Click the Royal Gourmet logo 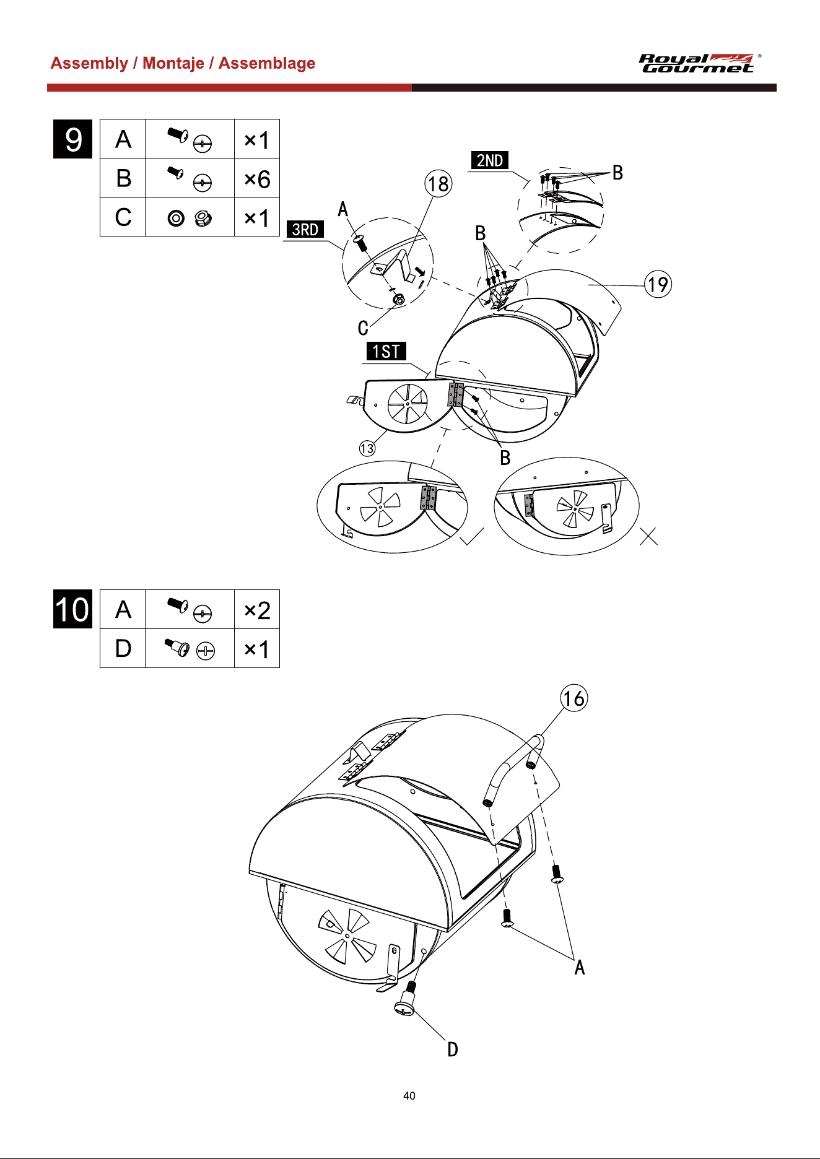coord(697,63)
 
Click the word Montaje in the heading coord(173,63)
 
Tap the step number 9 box coord(73,139)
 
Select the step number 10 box coord(73,609)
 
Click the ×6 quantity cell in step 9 coord(257,178)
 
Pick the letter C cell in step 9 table coord(123,217)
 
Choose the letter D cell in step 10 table coord(123,648)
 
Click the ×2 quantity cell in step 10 coord(257,610)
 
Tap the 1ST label coord(386,351)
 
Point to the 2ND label coord(490,160)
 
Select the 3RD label coord(305,229)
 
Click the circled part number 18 coord(438,184)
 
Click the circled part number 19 coord(658,284)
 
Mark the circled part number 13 coord(367,448)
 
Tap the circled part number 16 coord(574,698)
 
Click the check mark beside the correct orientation coord(473,536)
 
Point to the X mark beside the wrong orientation coord(648,536)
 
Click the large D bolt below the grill coord(406,999)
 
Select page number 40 coord(409,1095)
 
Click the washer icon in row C coord(176,218)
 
